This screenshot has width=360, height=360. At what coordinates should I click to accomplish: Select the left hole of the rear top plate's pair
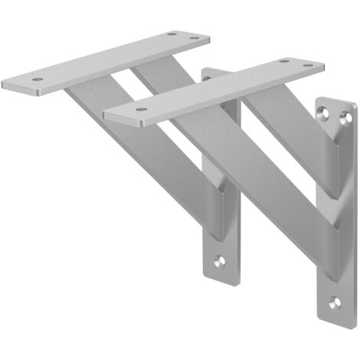[x=172, y=34]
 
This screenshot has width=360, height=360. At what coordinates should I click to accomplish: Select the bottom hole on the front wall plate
[x=332, y=303]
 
